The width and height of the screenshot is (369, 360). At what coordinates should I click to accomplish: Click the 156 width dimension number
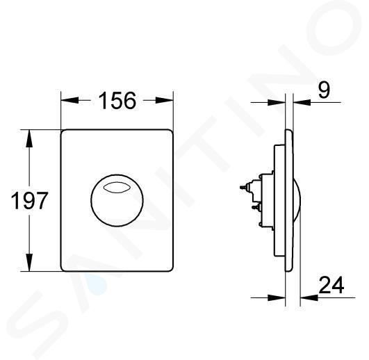pos(117,101)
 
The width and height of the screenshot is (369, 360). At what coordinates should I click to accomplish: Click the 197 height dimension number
pos(29,200)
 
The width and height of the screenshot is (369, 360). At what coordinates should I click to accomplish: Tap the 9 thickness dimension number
pos(324,90)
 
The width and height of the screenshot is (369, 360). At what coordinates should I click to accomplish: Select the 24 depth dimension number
pos(331,285)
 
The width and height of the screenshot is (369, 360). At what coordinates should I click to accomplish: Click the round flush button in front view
pos(117,200)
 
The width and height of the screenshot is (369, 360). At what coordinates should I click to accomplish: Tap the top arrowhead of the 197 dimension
pos(29,138)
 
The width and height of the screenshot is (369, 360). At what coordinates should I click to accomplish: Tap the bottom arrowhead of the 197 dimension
pos(29,262)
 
